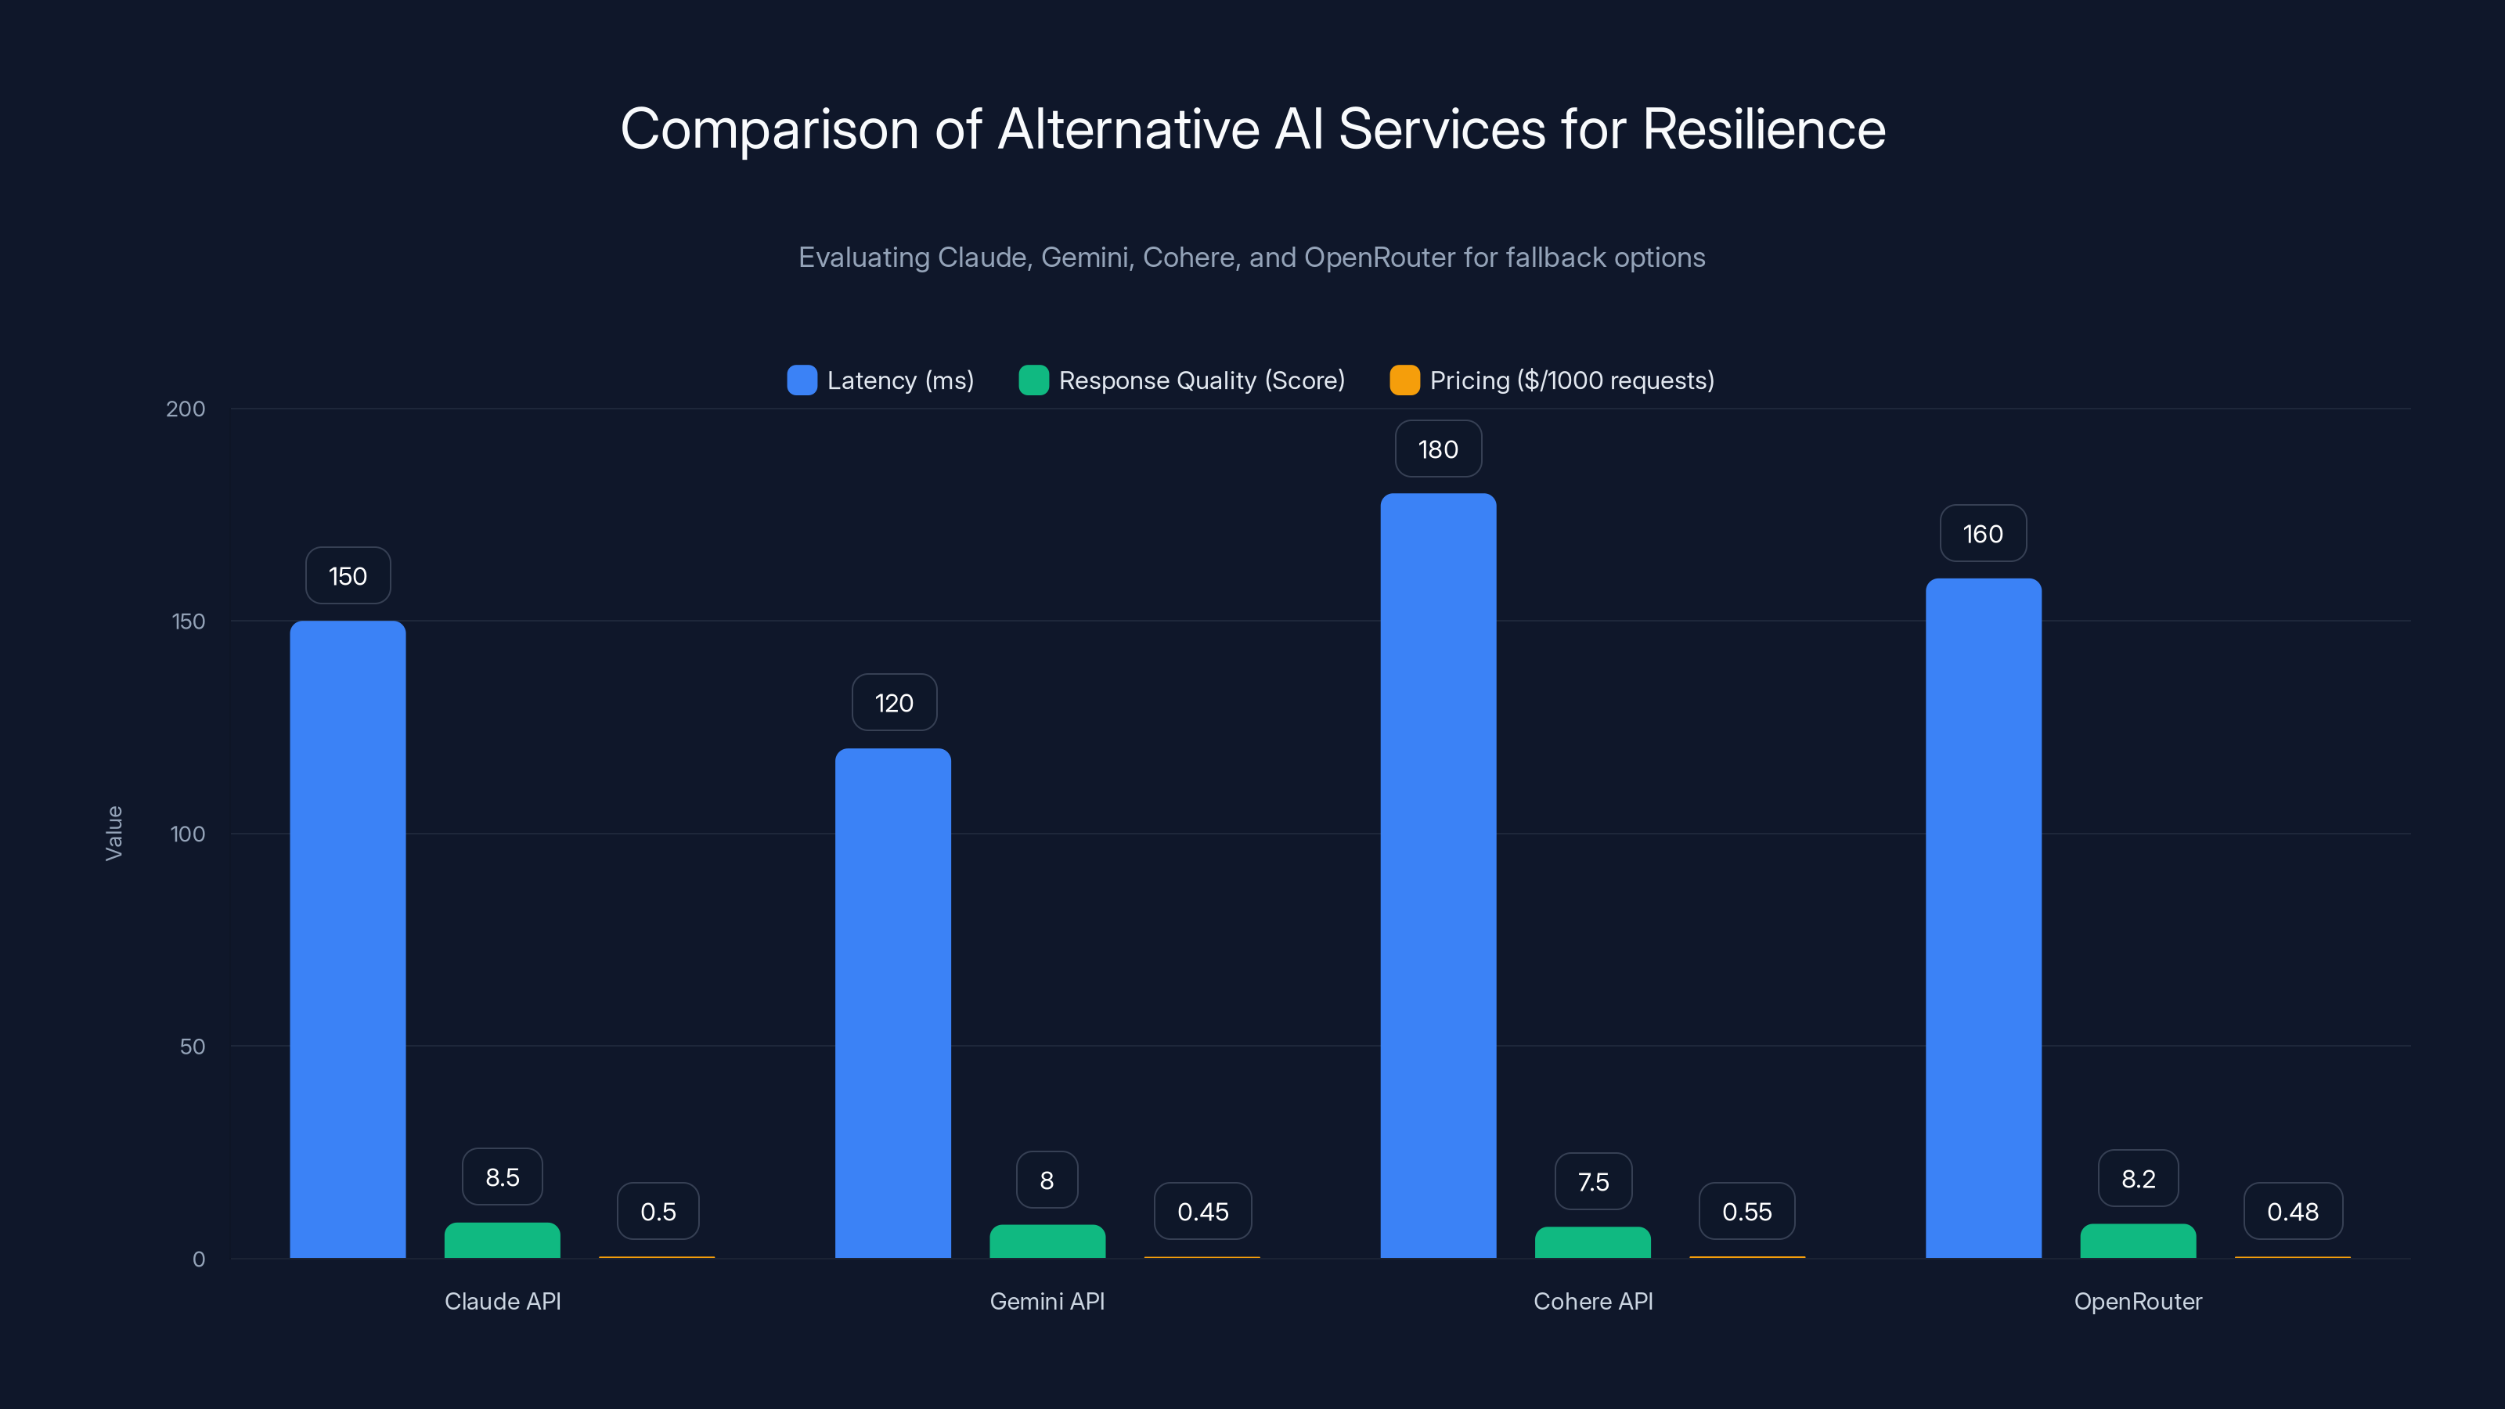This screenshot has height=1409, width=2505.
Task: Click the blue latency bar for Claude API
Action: pos(347,939)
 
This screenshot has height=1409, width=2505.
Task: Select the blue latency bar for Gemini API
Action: pos(892,1002)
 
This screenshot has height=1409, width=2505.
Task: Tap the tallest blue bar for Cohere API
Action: pos(1438,875)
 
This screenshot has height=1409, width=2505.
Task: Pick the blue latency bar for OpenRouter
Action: pos(1983,918)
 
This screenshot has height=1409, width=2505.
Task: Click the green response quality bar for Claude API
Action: pos(502,1241)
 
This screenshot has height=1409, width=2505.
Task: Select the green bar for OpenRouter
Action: pos(2137,1241)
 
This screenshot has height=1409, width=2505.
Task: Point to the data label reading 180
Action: pos(1438,449)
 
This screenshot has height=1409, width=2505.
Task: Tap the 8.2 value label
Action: pos(2137,1179)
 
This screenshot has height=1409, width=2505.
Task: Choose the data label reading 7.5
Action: pos(1593,1181)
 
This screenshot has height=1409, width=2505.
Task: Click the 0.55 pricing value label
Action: pos(1746,1212)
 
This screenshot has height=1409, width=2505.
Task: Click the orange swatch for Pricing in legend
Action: pos(1404,380)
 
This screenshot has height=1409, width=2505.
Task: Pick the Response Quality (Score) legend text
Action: pos(1201,380)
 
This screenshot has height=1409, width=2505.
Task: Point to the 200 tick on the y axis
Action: pos(186,409)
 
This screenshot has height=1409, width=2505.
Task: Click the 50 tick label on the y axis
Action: pos(193,1047)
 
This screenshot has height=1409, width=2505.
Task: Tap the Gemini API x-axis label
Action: pos(1047,1301)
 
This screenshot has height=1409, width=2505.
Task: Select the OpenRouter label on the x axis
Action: pos(2137,1301)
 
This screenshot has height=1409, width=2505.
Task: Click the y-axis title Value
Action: pos(114,834)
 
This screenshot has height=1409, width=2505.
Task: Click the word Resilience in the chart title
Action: pos(1763,129)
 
